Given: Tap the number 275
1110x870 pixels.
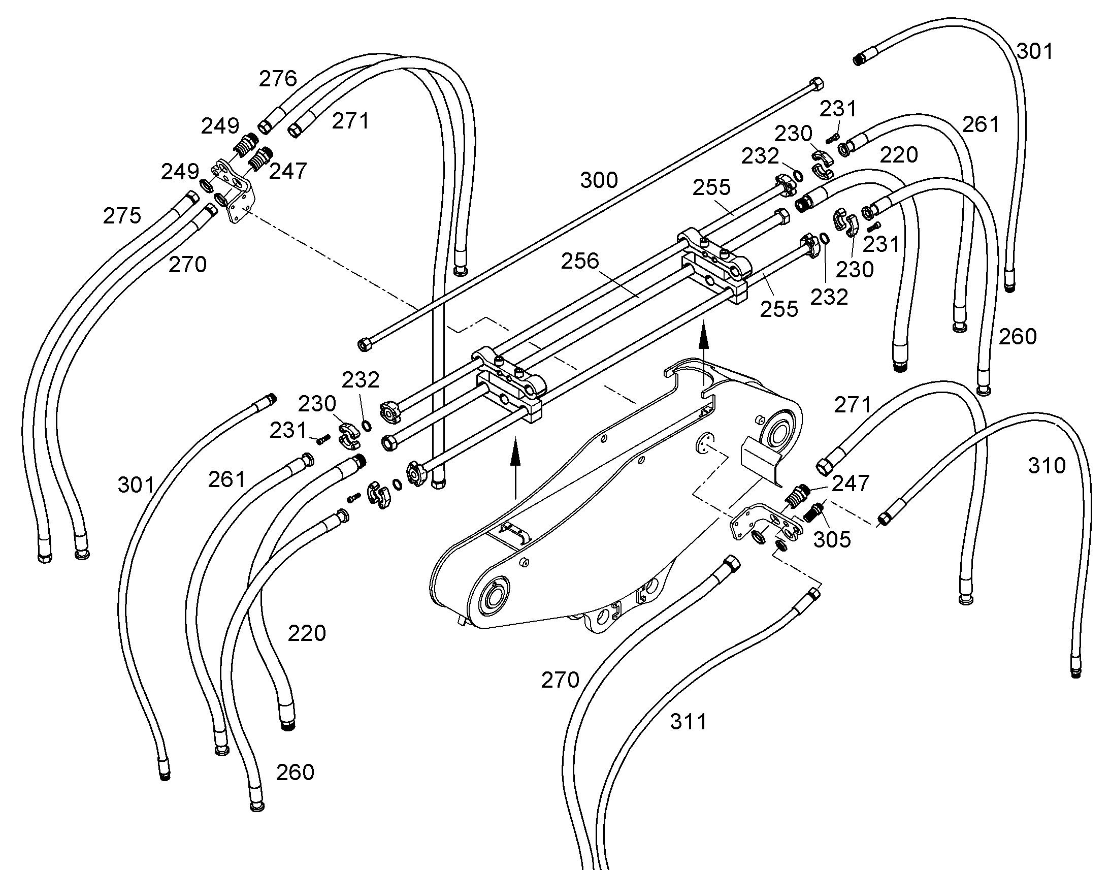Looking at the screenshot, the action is (x=122, y=216).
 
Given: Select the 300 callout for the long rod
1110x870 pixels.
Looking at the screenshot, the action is (x=599, y=180).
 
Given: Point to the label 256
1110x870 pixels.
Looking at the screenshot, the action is (x=580, y=262).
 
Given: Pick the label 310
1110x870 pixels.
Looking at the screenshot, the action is (x=1047, y=466).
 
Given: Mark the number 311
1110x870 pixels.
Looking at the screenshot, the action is (x=689, y=722).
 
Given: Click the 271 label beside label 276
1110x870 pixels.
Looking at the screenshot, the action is (x=350, y=121).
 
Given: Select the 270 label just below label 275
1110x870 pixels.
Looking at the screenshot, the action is (x=187, y=265).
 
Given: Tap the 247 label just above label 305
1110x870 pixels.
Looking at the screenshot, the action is (x=851, y=484).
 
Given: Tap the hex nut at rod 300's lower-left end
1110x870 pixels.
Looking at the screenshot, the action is (x=364, y=345).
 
